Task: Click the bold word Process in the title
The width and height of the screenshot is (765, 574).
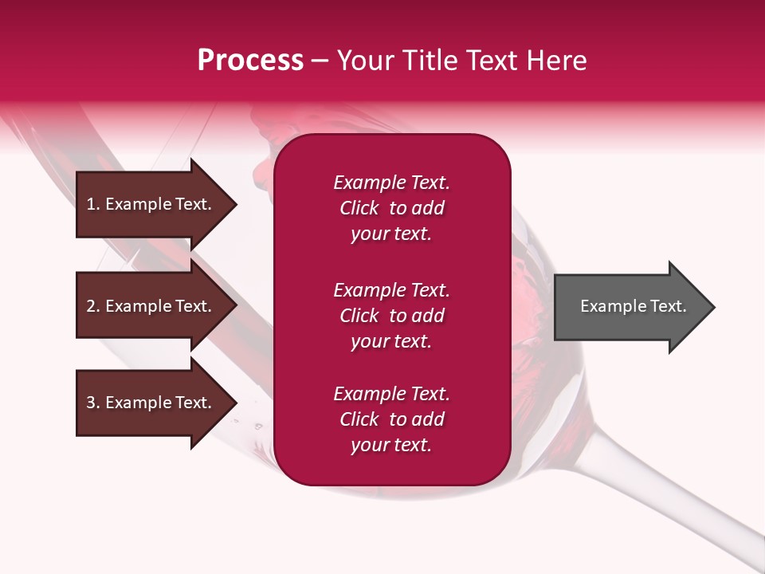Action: (x=250, y=61)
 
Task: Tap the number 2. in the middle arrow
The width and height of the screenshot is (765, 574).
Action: (x=93, y=306)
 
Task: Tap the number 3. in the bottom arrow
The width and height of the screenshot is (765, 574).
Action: (x=93, y=403)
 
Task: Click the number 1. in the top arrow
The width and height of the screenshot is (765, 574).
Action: (x=93, y=204)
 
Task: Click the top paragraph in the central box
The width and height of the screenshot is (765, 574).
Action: (x=391, y=208)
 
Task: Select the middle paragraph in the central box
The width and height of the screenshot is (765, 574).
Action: (x=391, y=316)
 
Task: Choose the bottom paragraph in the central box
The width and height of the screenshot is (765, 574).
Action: (x=391, y=419)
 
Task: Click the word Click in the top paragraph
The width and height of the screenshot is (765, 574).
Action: (x=359, y=208)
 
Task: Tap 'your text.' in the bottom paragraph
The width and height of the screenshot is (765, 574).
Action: (x=391, y=445)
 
